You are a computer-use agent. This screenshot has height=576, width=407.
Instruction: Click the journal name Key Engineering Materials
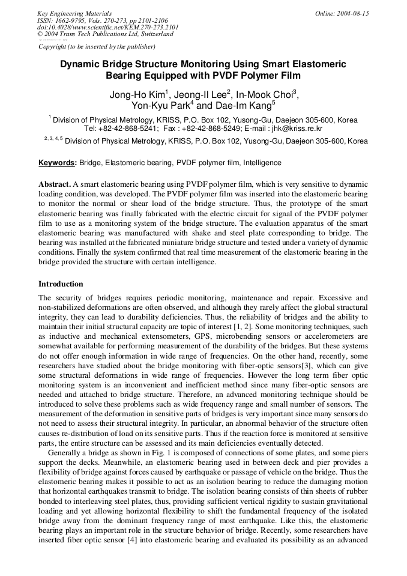(x=74, y=13)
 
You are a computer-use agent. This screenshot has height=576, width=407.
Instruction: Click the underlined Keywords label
(x=57, y=163)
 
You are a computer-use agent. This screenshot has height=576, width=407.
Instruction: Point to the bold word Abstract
(x=55, y=183)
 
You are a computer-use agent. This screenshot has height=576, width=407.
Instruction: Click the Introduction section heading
(x=61, y=283)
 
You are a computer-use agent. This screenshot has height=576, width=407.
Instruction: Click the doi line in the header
(x=108, y=27)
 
